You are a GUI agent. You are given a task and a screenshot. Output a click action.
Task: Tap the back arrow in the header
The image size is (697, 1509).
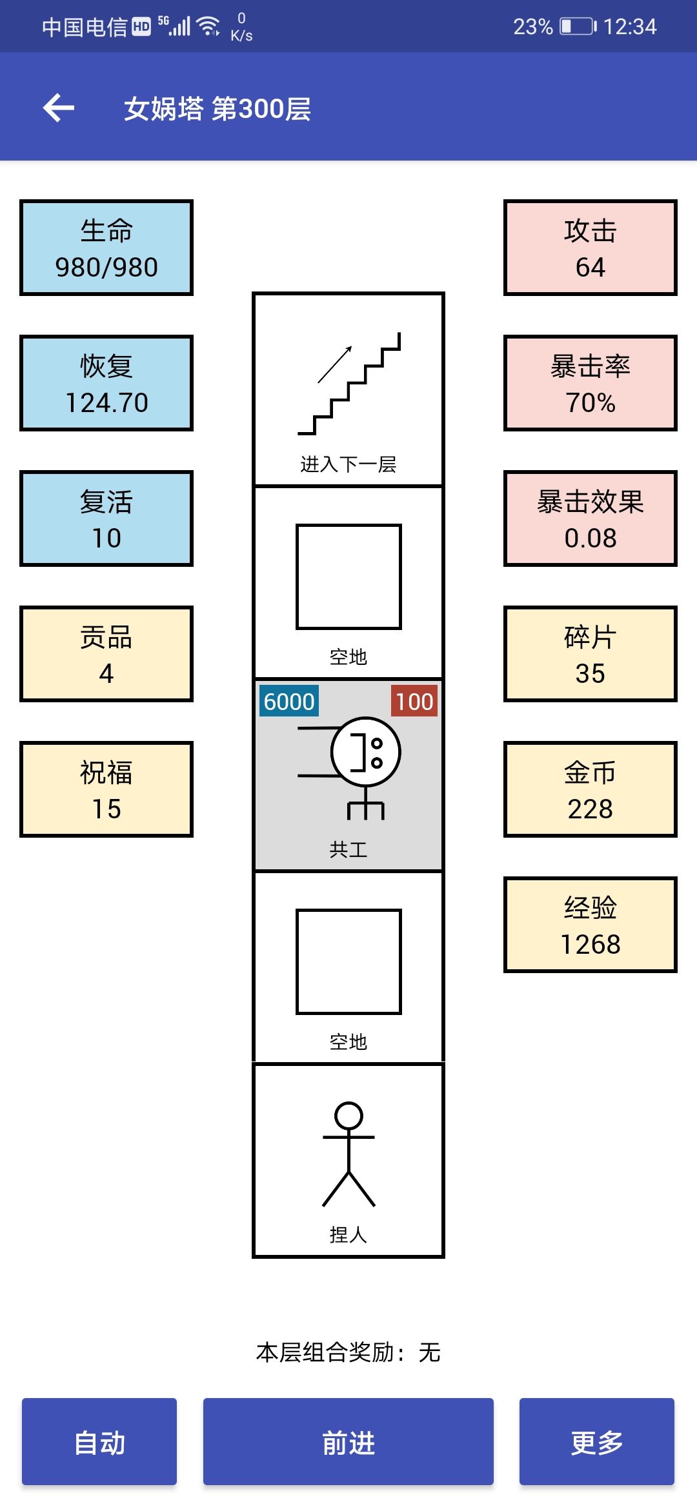click(x=59, y=108)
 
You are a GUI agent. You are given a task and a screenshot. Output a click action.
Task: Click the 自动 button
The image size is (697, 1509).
click(x=99, y=1441)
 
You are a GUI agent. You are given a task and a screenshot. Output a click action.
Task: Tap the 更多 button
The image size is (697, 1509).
click(x=597, y=1441)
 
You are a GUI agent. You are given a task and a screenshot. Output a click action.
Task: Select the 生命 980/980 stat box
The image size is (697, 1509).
click(x=106, y=248)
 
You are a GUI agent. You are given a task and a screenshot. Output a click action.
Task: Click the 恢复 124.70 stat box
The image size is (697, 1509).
click(x=106, y=383)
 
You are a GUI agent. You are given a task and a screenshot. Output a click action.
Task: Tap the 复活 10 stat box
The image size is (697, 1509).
click(x=106, y=518)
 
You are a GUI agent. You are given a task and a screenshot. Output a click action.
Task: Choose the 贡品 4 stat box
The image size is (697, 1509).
click(x=106, y=654)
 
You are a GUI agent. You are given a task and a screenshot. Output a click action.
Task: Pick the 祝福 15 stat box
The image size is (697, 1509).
click(x=106, y=789)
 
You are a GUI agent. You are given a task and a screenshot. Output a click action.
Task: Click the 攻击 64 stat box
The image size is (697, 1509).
click(x=591, y=248)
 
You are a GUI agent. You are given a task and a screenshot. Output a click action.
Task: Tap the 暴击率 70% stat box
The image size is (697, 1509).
click(x=591, y=383)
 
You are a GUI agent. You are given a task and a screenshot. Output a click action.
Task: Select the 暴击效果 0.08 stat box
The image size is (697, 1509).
click(x=591, y=518)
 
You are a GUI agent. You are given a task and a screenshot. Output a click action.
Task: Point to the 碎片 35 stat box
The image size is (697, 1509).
click(x=591, y=654)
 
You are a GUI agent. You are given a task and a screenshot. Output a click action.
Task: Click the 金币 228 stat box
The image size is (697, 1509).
click(x=591, y=789)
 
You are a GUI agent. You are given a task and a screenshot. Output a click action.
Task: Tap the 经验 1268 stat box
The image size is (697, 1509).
click(x=591, y=925)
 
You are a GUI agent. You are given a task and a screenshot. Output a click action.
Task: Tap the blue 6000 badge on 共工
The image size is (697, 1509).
click(x=289, y=701)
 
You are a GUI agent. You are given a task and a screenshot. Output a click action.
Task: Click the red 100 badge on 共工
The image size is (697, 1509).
click(x=414, y=701)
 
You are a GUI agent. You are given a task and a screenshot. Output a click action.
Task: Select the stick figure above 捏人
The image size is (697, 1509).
click(x=348, y=1154)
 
